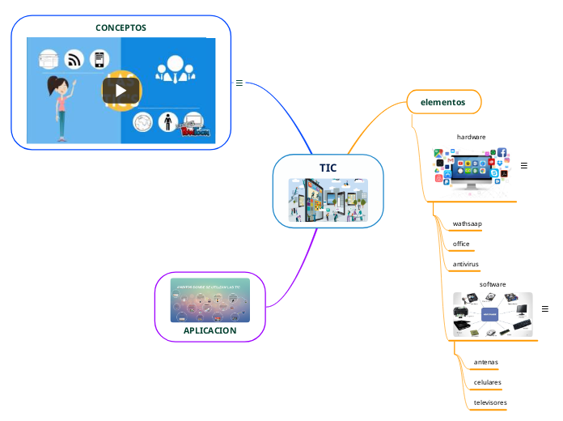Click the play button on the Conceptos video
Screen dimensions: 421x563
[x=121, y=90]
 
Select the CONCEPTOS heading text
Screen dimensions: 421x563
[x=121, y=28]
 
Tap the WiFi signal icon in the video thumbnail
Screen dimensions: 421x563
[x=74, y=59]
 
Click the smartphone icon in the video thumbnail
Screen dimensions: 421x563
[x=99, y=59]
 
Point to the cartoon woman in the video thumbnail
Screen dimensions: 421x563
[x=59, y=105]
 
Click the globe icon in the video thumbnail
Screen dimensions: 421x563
[x=143, y=122]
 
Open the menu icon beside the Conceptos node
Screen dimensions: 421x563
[x=239, y=83]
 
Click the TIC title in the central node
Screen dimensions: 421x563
[x=328, y=168]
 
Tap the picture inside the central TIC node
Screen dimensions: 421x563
[x=328, y=200]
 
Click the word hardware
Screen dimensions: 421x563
[x=471, y=137]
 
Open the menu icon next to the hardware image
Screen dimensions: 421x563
[x=523, y=165]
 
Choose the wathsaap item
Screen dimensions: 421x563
[x=468, y=223]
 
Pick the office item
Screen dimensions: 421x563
[x=461, y=244]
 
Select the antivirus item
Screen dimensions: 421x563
[x=466, y=264]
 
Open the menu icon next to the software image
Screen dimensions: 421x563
[x=544, y=309]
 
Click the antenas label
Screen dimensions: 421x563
[x=486, y=362]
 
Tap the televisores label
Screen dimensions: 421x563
[x=490, y=402]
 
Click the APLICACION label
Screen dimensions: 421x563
[x=210, y=330]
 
